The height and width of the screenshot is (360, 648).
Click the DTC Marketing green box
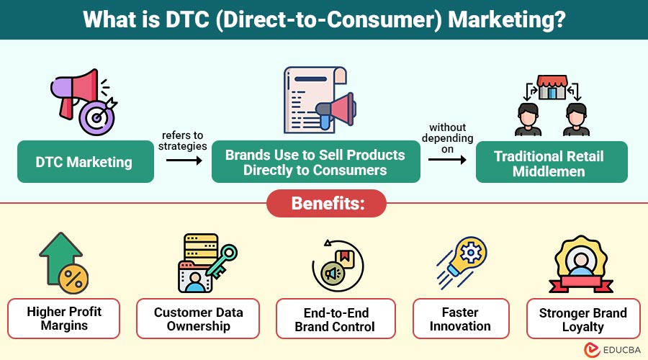[x=84, y=162]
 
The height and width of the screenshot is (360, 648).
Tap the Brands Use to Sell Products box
[x=315, y=163]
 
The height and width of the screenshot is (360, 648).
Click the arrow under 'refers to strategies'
[x=183, y=161]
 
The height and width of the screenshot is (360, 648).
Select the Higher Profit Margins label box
[x=64, y=319]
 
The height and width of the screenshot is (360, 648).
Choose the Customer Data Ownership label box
[x=199, y=319]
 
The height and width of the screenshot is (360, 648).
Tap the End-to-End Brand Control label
[x=335, y=319]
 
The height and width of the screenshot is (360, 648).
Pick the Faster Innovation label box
[x=460, y=319]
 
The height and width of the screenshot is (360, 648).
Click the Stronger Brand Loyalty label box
[x=583, y=319]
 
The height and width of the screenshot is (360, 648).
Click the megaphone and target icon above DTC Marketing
[x=82, y=100]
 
